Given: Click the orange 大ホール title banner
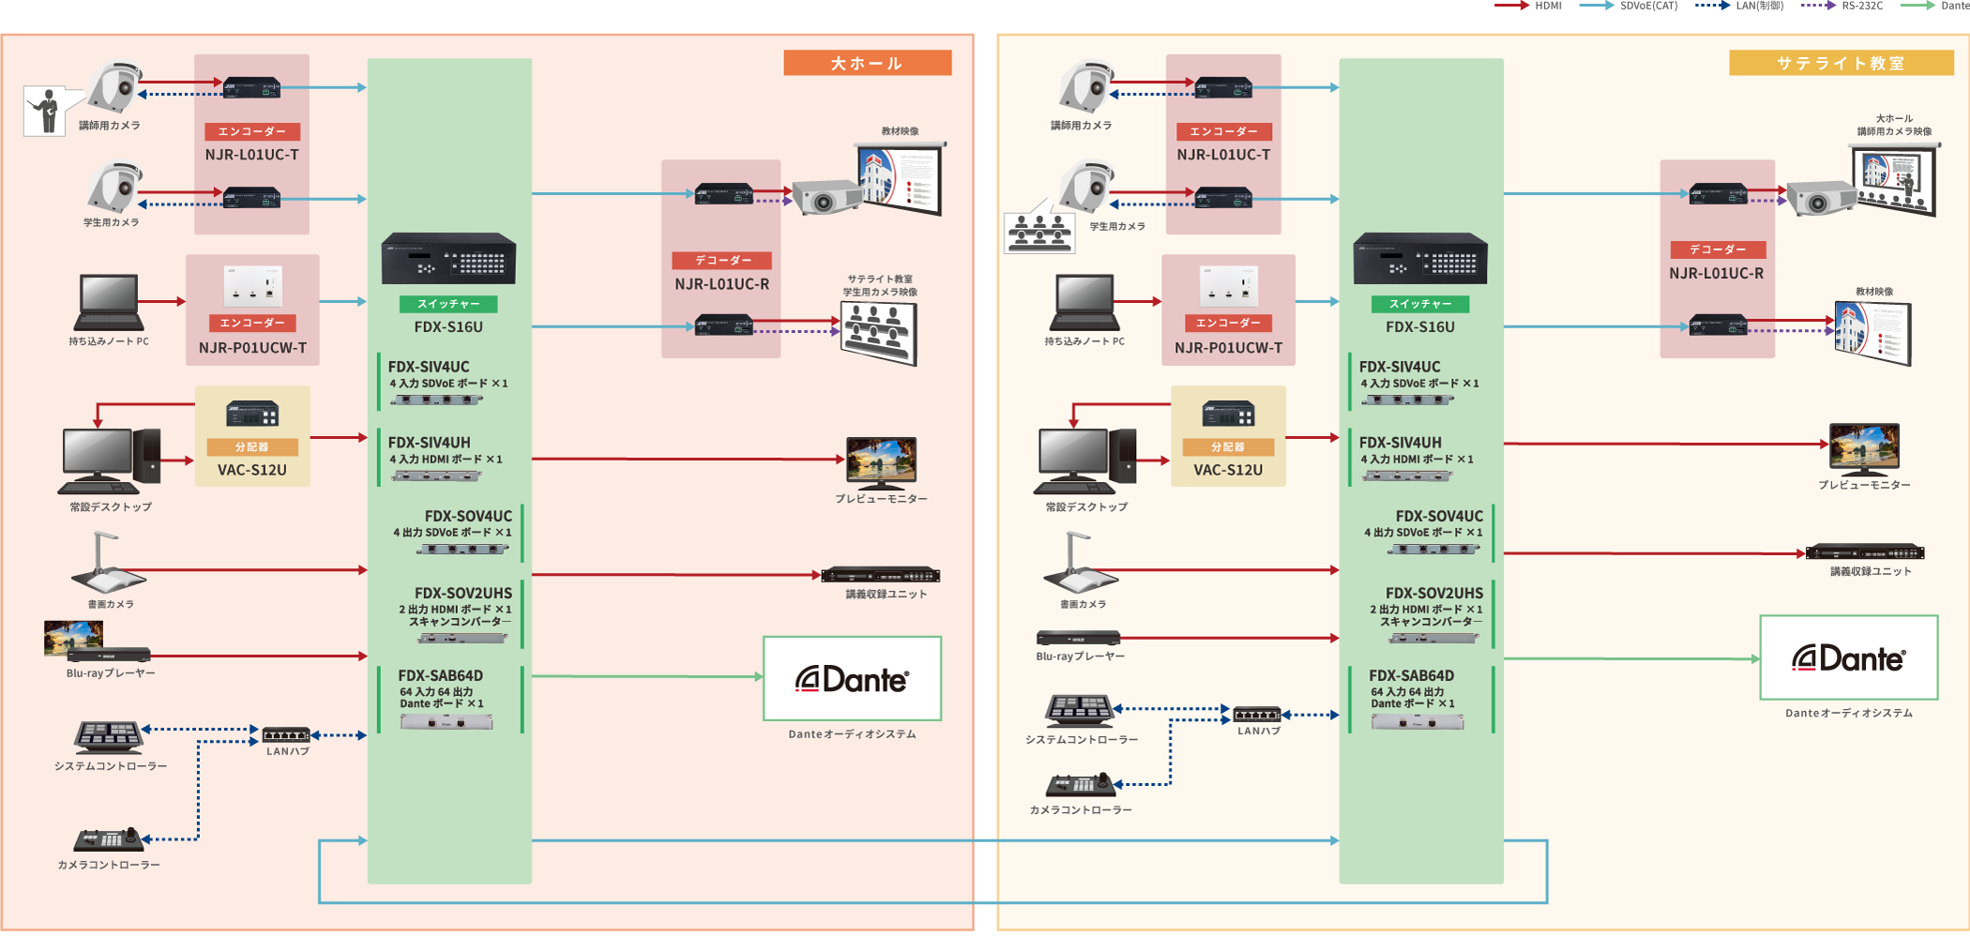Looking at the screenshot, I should click(x=867, y=63).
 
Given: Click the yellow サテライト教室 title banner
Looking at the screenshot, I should click(x=1841, y=63).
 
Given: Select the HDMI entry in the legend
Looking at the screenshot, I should click(x=1529, y=6).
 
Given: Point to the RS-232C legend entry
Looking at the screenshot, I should click(x=1842, y=6).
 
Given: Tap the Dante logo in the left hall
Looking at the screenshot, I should click(x=852, y=679).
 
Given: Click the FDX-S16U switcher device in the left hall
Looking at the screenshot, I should click(x=448, y=258).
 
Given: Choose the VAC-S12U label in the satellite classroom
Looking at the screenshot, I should click(x=1228, y=470).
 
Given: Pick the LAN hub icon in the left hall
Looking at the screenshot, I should click(x=286, y=734).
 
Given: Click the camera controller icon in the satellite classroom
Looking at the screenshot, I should click(x=1082, y=783).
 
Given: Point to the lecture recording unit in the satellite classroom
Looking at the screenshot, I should click(x=1865, y=552).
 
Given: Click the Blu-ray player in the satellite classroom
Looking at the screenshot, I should click(x=1078, y=638).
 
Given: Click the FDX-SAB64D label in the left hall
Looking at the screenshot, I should click(x=440, y=675).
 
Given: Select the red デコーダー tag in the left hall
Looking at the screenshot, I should click(x=721, y=260).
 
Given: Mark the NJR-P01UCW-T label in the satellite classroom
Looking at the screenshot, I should click(x=1228, y=348).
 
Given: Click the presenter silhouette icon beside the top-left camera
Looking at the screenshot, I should click(x=44, y=112).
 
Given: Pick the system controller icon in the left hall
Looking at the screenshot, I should click(x=110, y=737).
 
